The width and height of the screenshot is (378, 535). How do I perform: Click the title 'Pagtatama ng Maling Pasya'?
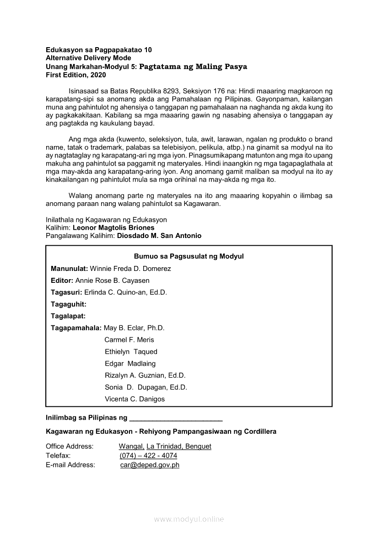click(x=193, y=66)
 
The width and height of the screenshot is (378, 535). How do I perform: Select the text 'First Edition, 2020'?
click(x=76, y=75)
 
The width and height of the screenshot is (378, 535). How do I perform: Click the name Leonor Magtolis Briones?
click(x=113, y=227)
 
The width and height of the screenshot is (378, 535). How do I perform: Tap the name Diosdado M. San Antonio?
click(x=159, y=236)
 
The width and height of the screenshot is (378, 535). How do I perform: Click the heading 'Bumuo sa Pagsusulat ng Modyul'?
click(x=189, y=256)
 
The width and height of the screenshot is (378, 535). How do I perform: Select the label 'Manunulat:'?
click(x=69, y=269)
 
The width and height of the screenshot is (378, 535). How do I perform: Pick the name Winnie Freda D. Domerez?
click(x=130, y=269)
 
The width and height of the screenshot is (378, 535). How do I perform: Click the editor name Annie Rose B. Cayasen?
click(x=112, y=281)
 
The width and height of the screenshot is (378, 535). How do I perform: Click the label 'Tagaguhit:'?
click(x=69, y=304)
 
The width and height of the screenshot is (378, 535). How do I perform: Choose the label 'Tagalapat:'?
click(x=68, y=316)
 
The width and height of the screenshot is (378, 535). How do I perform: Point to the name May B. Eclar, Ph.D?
click(x=134, y=328)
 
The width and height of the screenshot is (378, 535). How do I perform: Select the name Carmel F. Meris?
click(x=129, y=340)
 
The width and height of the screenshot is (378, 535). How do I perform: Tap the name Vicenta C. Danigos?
click(x=135, y=399)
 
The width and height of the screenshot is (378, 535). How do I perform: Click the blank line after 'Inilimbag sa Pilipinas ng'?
click(x=176, y=418)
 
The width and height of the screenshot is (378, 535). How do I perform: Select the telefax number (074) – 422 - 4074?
click(x=148, y=456)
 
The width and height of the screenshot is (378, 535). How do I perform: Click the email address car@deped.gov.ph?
click(x=150, y=465)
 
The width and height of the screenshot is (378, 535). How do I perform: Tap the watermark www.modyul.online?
click(x=189, y=519)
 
